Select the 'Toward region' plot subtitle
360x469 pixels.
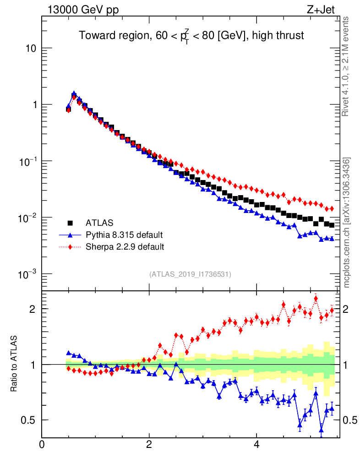[191, 36]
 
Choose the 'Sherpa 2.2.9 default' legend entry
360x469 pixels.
[125, 247]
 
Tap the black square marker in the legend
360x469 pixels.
[71, 223]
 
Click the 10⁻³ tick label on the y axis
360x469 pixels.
[27, 274]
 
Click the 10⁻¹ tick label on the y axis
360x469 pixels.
[27, 161]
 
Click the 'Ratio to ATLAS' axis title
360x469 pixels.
[14, 364]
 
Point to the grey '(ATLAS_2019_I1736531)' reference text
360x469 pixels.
[190, 274]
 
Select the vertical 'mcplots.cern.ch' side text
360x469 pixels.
[347, 222]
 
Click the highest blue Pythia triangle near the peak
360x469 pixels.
[74, 93]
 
